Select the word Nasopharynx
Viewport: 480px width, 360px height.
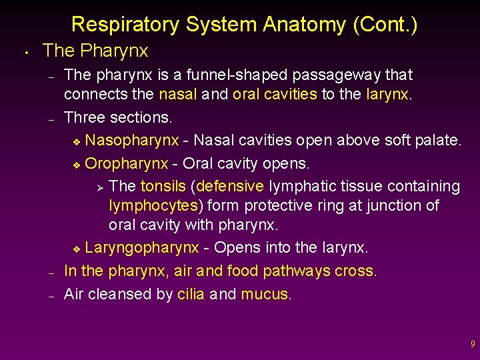pos(132,141)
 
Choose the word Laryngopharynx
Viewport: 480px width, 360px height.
pos(142,249)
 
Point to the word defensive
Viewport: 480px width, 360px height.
pos(231,186)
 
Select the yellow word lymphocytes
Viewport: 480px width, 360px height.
pos(153,205)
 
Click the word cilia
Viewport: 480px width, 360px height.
pos(191,294)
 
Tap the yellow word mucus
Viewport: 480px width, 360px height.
pos(265,294)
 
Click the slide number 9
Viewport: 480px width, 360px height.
pos(473,345)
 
